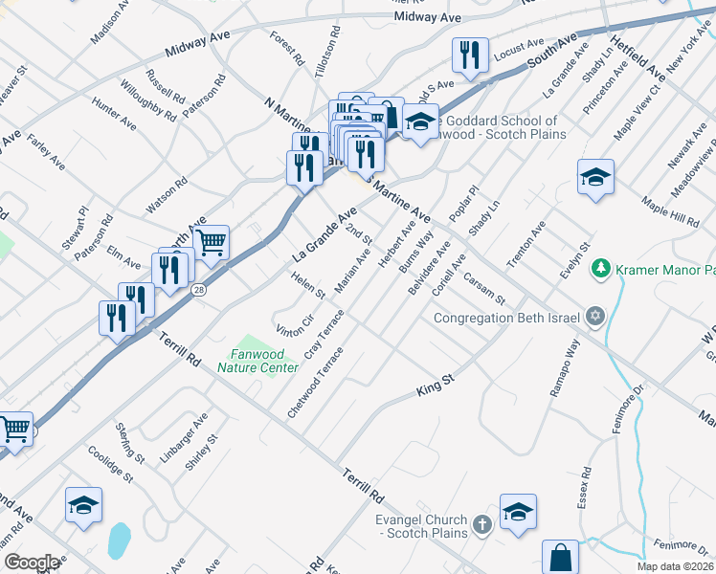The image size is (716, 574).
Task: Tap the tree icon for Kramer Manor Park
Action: (602, 268)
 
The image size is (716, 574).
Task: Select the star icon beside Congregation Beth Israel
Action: (594, 317)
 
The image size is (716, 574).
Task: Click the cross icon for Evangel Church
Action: (481, 523)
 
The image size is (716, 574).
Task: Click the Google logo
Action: (32, 562)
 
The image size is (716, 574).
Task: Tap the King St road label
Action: (435, 386)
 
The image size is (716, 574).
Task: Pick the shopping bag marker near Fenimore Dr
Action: (560, 558)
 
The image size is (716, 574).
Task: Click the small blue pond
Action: (119, 541)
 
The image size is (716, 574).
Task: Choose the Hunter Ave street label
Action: (114, 113)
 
